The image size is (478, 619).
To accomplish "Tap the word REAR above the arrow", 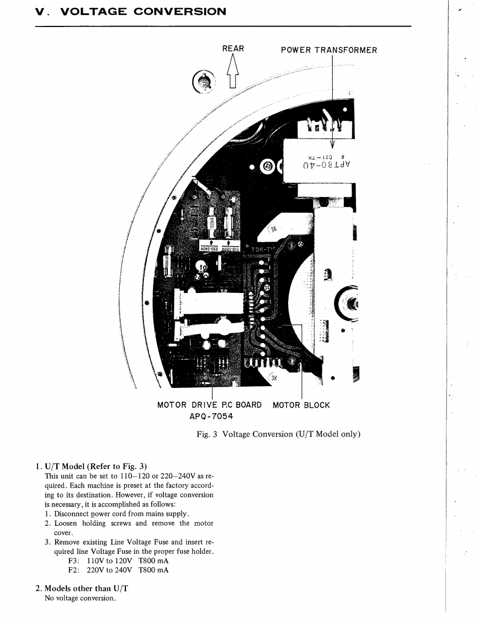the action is point(233,49).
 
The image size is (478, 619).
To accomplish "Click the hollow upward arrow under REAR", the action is point(232,72).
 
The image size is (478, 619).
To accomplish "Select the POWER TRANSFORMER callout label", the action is point(329,50).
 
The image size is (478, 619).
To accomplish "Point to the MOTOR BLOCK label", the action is point(301,405).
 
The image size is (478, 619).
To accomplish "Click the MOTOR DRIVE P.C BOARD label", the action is point(209,405).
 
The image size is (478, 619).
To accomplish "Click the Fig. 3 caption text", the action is point(278,434).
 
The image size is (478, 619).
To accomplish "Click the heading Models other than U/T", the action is point(82,589).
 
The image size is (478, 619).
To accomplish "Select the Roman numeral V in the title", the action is point(39,12).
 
